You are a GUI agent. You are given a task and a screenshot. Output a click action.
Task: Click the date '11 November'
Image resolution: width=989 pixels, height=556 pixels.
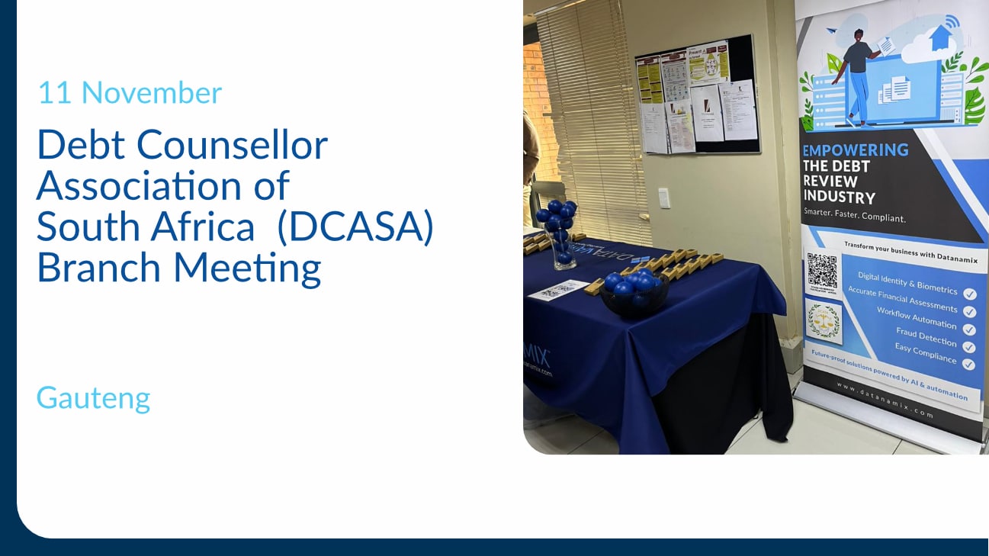pos(130,93)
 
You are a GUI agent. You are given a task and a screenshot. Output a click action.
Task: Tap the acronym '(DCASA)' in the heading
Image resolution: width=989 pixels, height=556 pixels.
pos(355,227)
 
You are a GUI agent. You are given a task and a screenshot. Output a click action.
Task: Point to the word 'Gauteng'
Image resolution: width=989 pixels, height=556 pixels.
pos(93,397)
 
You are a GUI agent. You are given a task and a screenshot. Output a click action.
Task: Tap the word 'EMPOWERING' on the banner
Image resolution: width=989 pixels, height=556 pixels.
pos(856,149)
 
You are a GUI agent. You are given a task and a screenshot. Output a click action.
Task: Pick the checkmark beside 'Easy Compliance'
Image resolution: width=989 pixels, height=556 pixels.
pos(969,364)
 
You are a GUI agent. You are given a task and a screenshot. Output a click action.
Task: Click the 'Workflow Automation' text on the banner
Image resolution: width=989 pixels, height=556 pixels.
pos(916,318)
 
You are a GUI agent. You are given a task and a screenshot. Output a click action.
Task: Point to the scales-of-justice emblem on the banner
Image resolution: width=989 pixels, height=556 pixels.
pos(824,321)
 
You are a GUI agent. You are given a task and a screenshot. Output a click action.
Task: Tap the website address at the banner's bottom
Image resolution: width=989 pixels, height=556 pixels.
pos(885,400)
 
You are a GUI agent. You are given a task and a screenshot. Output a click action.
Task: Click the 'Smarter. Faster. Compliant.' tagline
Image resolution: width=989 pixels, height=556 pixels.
pos(855,215)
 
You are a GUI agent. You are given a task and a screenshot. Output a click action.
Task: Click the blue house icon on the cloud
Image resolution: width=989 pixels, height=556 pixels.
pos(942,38)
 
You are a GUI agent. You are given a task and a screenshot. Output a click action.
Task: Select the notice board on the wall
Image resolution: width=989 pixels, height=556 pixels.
pos(697,95)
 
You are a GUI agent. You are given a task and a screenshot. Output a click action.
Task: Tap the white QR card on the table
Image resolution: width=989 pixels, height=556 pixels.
pos(557,289)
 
